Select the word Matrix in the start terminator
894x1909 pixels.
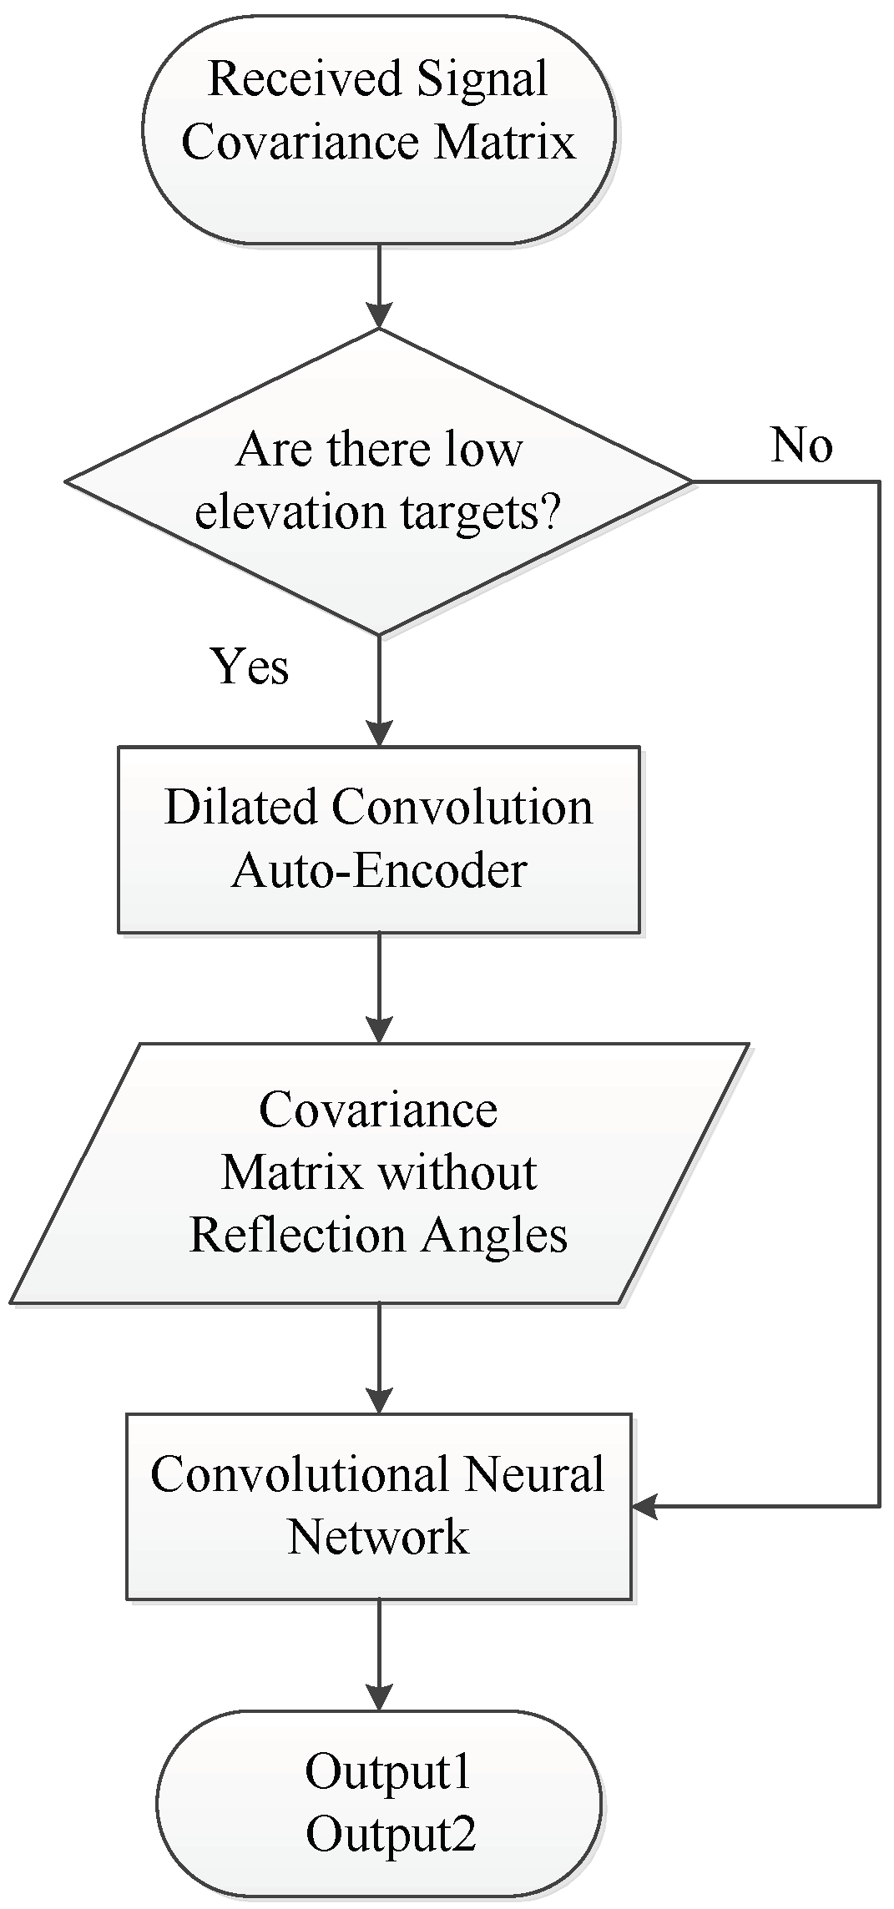504,142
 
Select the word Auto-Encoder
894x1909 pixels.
378,871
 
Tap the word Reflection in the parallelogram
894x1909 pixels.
297,1235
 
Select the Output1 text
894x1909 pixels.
388,1772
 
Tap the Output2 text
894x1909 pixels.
391,1835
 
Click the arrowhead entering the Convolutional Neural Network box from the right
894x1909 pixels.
644,1506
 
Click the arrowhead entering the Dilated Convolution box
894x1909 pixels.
379,734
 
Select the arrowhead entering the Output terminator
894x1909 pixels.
379,1698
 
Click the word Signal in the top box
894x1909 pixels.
482,79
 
